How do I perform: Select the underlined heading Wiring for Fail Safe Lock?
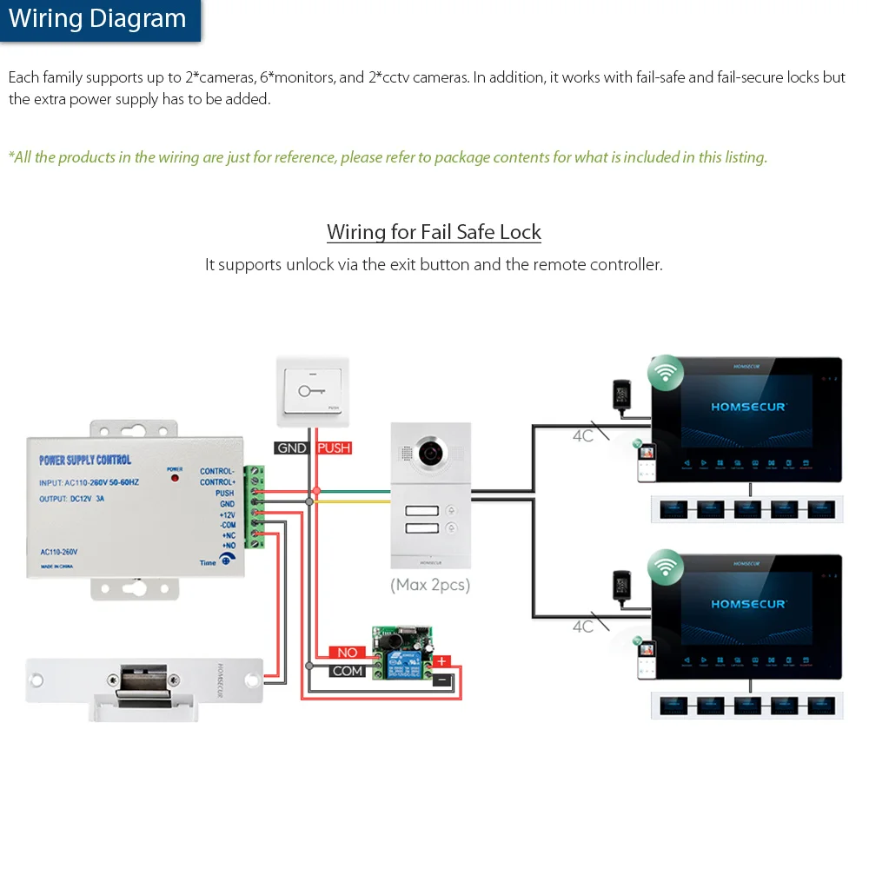click(x=434, y=232)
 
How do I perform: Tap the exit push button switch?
click(x=312, y=390)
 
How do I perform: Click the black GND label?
click(x=292, y=448)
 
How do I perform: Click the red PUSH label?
click(x=334, y=448)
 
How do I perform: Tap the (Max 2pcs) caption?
click(x=429, y=585)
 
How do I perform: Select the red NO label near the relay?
click(x=348, y=652)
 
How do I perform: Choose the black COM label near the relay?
click(x=348, y=671)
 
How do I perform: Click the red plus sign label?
click(x=442, y=660)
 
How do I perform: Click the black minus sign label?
click(x=442, y=679)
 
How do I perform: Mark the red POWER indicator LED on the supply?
click(x=175, y=478)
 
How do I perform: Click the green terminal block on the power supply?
click(x=255, y=508)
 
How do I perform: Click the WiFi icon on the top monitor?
click(x=665, y=373)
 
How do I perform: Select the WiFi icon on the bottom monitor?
click(x=665, y=566)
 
